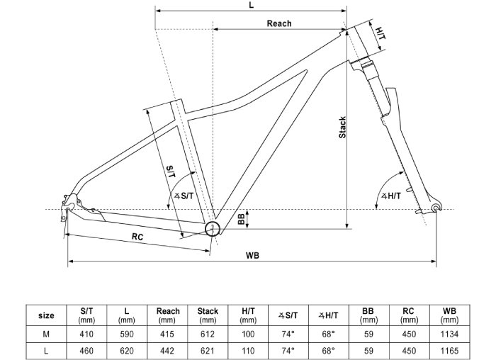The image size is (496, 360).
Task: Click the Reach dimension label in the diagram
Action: tap(278, 23)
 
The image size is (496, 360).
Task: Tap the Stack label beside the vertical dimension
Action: tap(342, 127)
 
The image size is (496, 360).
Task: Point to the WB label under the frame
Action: tap(252, 255)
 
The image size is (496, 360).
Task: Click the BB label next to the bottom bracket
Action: tap(242, 220)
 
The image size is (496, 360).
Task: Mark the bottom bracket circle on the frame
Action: tap(212, 227)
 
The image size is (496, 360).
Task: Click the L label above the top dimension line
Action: tap(252, 6)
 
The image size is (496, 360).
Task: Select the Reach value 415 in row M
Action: tap(168, 334)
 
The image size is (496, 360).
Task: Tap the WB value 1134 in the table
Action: tap(449, 334)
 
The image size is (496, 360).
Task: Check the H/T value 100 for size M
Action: tap(249, 334)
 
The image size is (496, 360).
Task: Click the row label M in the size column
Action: tap(46, 334)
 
